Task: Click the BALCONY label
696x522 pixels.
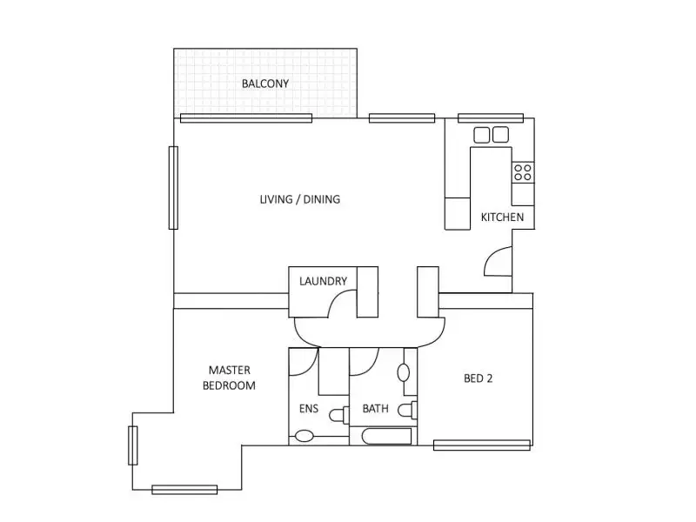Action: coord(265,84)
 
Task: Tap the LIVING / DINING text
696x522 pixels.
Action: coord(300,199)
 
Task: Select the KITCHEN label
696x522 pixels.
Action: coord(503,217)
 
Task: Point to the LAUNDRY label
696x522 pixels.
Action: coord(323,281)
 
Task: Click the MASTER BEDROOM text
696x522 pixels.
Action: coord(230,378)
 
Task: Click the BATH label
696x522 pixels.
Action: coord(376,408)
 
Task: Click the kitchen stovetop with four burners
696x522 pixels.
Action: coord(522,172)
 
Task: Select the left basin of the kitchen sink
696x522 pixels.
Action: coord(483,134)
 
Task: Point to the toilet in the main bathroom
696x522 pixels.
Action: coord(408,410)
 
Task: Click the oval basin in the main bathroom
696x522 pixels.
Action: coord(404,373)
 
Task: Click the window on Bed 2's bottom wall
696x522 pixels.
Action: coord(482,445)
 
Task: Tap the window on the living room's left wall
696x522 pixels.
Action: coord(173,187)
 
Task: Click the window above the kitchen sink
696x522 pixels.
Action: coord(491,117)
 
